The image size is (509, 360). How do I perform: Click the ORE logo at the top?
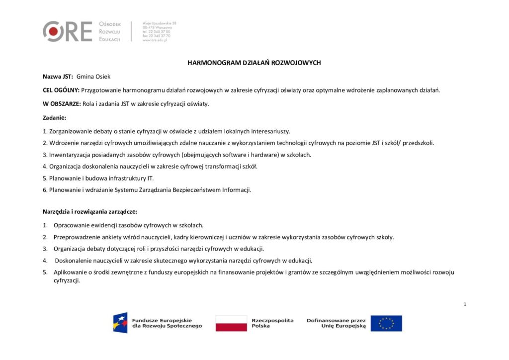[x=68, y=31]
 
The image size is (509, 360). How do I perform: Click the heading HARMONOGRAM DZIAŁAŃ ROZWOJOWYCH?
[x=254, y=63]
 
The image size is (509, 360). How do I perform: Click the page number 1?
[x=464, y=304]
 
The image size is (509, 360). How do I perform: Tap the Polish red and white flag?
[x=231, y=323]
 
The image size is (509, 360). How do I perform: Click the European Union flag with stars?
[x=386, y=323]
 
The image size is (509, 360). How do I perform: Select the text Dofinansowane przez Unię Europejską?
[x=336, y=323]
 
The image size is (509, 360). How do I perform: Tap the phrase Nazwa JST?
[x=58, y=77]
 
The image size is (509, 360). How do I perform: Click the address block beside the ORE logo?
[x=159, y=31]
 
